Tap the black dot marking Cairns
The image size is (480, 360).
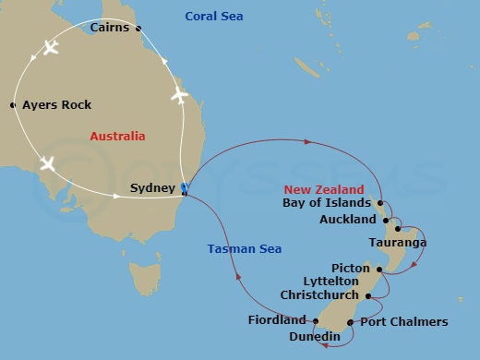coord(138,29)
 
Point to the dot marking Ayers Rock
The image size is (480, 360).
coord(13,105)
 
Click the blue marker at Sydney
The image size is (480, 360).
coord(185,188)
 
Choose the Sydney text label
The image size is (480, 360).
coord(153,188)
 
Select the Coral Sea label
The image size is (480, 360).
coord(213,17)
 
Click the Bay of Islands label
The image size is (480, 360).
coord(327,202)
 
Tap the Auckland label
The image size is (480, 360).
coord(347,220)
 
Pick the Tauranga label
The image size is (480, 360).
coord(397,243)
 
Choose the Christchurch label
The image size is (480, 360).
coord(320,295)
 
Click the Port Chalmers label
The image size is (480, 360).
coord(404,322)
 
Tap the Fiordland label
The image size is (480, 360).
coord(277,320)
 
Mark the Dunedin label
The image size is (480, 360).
coord(315,337)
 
